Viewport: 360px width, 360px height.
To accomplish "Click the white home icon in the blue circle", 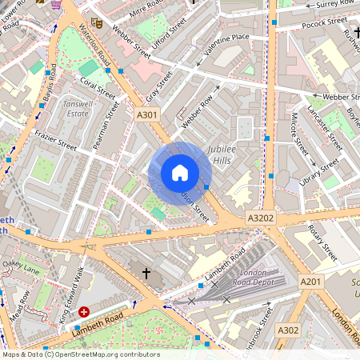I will tap(180, 173).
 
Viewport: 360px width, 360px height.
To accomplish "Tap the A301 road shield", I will tap(148, 114).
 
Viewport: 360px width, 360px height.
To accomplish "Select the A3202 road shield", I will tap(260, 217).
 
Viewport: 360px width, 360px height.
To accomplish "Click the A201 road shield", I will tap(311, 282).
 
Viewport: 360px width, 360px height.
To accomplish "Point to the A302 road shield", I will tap(288, 330).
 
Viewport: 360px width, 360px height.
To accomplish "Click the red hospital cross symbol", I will tap(84, 311).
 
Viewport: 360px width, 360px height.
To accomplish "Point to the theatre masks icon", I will tap(96, 22).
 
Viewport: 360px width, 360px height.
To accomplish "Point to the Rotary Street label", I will tap(323, 242).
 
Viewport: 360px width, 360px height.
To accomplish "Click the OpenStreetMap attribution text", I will tap(80, 354).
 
